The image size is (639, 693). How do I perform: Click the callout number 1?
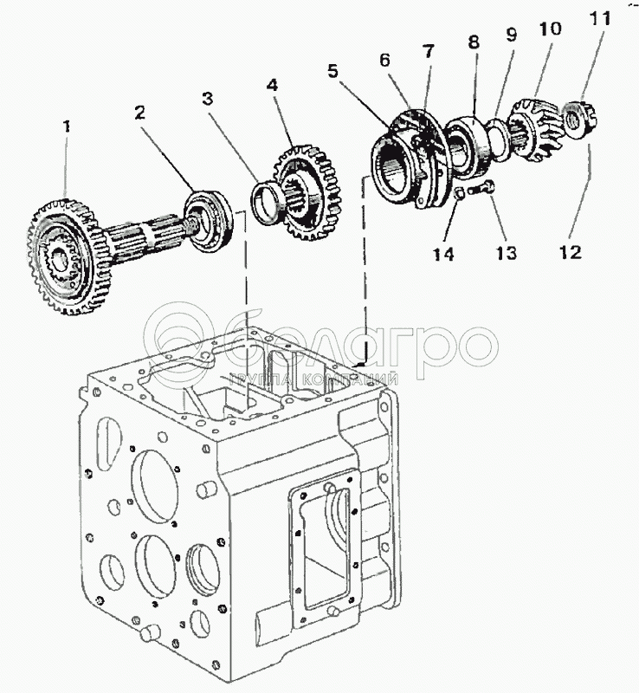(x=67, y=126)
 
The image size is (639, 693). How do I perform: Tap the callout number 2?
(x=139, y=113)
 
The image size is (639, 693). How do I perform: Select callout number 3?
(x=208, y=99)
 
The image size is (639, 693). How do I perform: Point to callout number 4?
(x=272, y=85)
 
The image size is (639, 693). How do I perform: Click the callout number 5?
(x=332, y=71)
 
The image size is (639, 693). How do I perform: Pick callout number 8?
(x=473, y=42)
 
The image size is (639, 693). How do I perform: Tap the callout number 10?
(x=549, y=29)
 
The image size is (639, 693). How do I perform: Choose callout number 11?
(x=600, y=18)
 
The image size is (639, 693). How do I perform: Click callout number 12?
(x=571, y=252)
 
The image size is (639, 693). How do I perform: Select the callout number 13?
(x=506, y=253)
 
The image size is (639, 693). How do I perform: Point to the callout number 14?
(x=442, y=254)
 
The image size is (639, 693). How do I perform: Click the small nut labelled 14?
(x=460, y=193)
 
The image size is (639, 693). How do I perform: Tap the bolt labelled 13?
(x=481, y=190)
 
